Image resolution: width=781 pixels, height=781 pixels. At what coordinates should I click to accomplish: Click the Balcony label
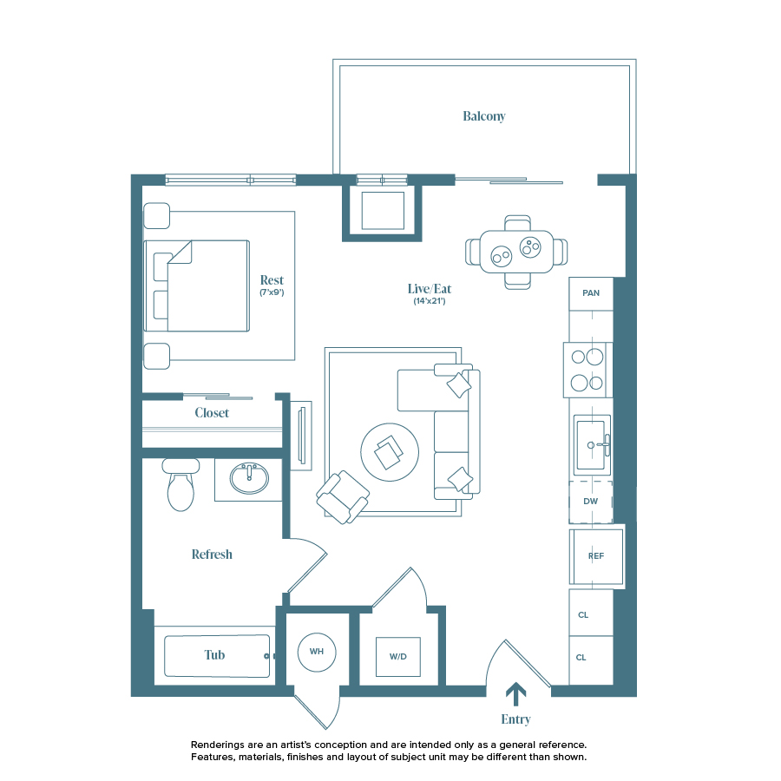pos(483,116)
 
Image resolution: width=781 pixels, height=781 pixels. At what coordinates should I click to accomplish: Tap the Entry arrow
pos(515,693)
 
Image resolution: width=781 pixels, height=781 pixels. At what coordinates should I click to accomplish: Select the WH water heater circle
pos(316,652)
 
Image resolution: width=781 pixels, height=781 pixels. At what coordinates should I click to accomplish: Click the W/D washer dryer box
pos(397,657)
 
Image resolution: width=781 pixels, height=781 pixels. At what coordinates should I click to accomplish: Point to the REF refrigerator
pos(595,556)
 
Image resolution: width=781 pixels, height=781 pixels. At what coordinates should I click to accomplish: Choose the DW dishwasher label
pos(591,502)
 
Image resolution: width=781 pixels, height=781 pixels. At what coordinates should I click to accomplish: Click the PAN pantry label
pos(591,293)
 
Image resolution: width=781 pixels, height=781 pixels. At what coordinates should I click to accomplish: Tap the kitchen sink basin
pos(591,444)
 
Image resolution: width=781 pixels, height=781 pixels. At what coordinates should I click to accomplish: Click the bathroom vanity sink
pos(249,478)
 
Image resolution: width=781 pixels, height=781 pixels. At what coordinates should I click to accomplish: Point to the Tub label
pos(214,655)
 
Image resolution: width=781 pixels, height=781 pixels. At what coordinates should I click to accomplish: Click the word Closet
pos(212,413)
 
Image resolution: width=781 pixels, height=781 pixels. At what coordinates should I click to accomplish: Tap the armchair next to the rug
pos(342,497)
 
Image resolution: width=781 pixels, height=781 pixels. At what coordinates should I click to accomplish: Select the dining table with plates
pos(517,252)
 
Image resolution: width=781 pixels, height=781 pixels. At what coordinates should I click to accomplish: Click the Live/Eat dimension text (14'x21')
pos(430,302)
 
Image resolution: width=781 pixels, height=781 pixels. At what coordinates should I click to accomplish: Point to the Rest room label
pos(272,280)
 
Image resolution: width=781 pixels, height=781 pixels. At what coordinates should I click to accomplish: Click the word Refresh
pos(212,555)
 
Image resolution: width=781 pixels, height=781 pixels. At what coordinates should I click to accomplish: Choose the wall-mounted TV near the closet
pos(300,436)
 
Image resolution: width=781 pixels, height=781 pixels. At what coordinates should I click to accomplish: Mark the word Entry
pos(515,719)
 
